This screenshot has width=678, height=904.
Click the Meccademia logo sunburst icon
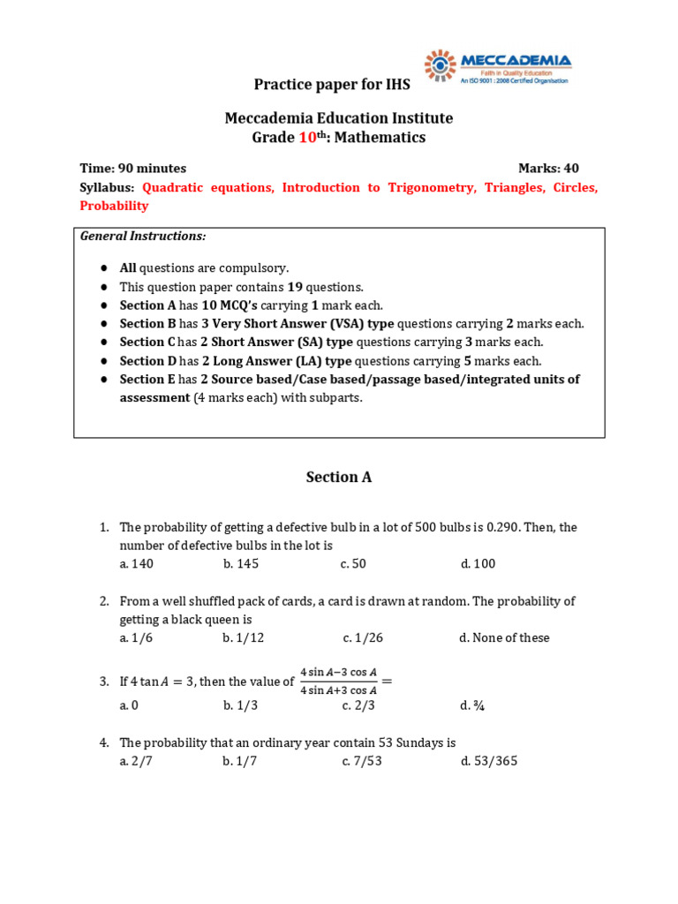pos(441,65)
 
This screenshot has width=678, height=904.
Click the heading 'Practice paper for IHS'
pos(332,85)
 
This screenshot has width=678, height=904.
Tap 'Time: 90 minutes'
pos(133,169)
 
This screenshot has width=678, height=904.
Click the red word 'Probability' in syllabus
pos(114,206)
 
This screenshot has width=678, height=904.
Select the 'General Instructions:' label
pos(143,236)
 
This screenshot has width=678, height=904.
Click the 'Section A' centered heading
pos(339,477)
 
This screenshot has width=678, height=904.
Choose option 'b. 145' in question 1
pos(241,564)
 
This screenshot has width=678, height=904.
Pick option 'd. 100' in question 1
pos(478,564)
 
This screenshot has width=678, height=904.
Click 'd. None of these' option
pos(503,638)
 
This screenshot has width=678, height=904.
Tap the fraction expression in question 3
pos(338,682)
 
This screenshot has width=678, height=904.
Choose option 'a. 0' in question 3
pos(130,705)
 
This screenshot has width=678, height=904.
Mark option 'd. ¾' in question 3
pos(470,705)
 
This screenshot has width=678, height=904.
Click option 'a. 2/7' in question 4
pos(137,761)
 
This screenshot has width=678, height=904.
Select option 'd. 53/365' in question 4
pos(488,761)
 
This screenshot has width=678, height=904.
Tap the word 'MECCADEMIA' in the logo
pos(516,60)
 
